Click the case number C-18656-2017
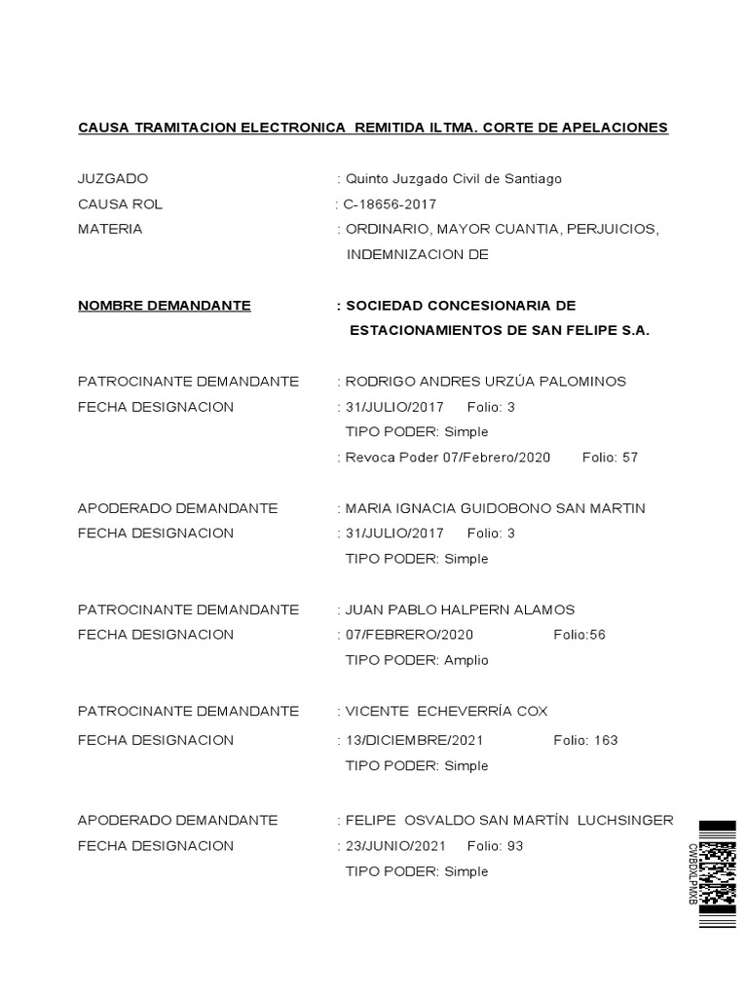point(390,204)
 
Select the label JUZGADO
point(113,179)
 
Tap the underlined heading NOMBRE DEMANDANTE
point(164,306)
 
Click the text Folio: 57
point(610,458)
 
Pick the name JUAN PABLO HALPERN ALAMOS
point(460,609)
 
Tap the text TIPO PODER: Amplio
point(417,660)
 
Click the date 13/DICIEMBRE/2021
point(414,740)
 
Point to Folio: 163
point(585,740)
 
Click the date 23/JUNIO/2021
point(395,846)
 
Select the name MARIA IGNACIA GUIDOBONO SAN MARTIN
point(495,508)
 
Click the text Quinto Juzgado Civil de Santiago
point(453,179)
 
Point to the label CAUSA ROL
point(120,204)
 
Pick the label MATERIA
point(110,230)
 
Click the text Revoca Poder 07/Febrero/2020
point(448,458)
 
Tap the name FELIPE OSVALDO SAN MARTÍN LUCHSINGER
point(508,821)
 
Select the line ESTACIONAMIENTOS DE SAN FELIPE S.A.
point(499,331)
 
